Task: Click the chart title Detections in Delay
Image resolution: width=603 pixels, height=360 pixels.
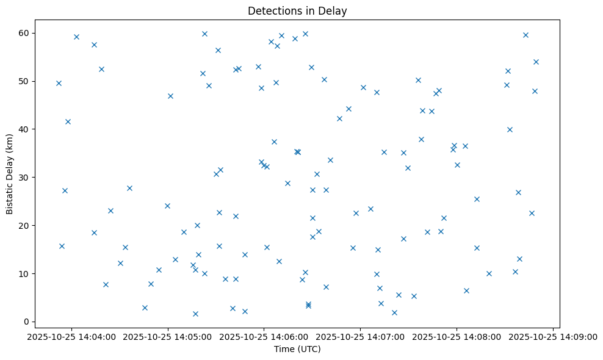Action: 297,10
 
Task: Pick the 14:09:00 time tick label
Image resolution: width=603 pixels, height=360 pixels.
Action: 553,336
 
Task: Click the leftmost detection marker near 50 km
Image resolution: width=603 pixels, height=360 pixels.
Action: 59,83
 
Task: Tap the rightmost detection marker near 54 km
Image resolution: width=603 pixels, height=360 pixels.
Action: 536,62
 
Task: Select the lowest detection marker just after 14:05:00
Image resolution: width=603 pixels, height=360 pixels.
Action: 195,314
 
